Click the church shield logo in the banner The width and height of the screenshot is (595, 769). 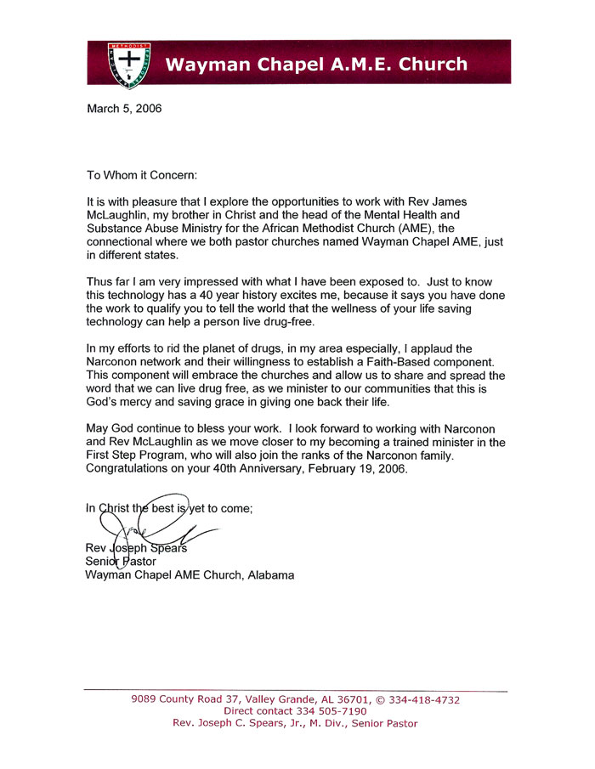pos(128,64)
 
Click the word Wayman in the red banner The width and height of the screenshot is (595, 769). pos(201,64)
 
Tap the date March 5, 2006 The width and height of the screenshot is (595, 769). pos(124,109)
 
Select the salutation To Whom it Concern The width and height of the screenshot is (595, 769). pos(142,175)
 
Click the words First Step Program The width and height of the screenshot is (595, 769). pos(138,456)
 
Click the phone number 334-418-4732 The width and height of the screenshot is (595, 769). pos(422,700)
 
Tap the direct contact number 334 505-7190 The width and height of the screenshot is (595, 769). pos(331,711)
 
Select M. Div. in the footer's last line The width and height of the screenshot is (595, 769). pos(327,723)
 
